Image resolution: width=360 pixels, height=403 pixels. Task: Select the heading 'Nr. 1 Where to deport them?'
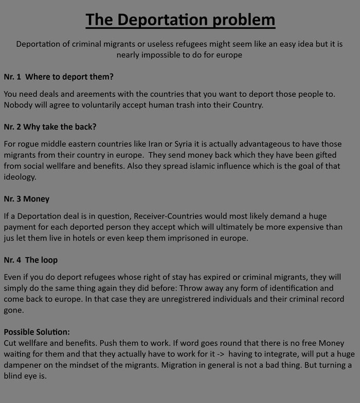point(59,77)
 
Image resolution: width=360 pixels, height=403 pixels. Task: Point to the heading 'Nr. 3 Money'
point(27,198)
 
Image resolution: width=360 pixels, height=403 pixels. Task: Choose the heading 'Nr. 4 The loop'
point(31,260)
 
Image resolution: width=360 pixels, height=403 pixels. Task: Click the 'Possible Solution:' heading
point(37,332)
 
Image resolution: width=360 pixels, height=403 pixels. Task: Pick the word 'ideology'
point(20,177)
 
